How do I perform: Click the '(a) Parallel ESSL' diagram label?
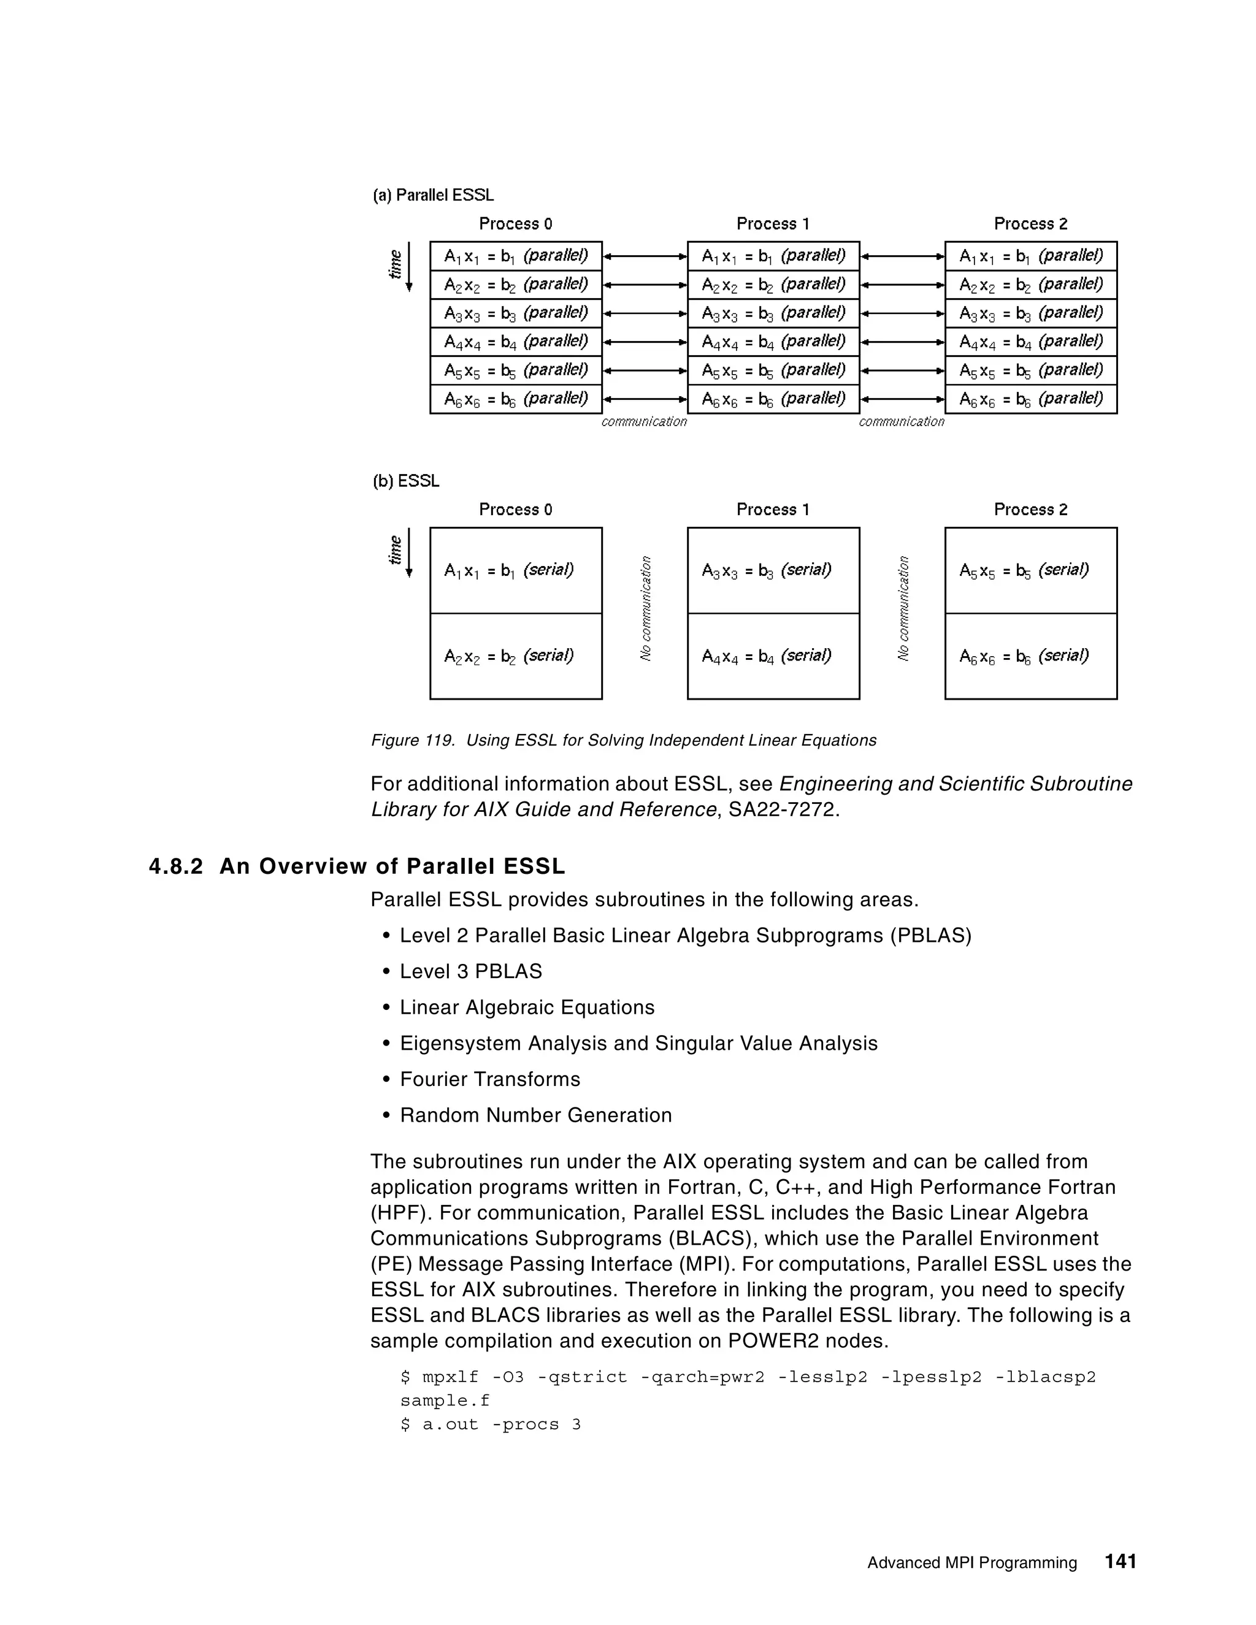coord(433,195)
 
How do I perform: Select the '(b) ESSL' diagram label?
coord(405,481)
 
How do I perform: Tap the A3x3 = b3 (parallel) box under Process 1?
coord(773,313)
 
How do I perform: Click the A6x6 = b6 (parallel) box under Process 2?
coord(1030,399)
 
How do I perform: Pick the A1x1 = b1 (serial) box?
coord(516,571)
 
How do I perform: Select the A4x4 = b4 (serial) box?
coord(773,656)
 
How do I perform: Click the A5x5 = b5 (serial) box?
coord(1030,571)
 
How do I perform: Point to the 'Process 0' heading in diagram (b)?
coord(515,510)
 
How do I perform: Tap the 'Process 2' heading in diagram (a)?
coord(1030,224)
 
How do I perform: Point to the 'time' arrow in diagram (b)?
coord(408,552)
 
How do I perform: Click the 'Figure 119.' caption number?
coord(412,740)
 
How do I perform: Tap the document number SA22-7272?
coord(781,809)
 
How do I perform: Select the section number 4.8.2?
coord(175,867)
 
